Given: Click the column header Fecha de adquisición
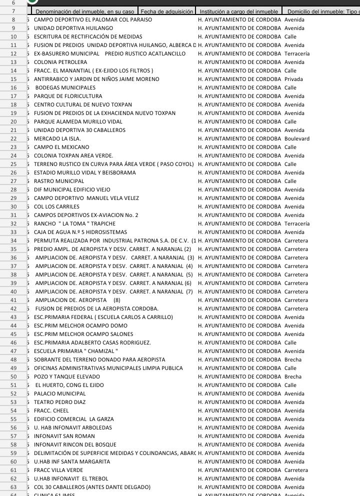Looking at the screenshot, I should click(x=166, y=11).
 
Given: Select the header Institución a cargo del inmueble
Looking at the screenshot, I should click(x=238, y=11).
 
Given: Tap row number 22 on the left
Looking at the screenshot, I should click(x=13, y=138).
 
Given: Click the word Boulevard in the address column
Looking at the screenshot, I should click(x=297, y=138).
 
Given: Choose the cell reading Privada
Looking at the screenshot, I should click(x=293, y=79).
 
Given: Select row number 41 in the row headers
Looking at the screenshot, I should click(x=13, y=300).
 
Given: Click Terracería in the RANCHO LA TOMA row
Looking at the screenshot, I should click(x=297, y=223).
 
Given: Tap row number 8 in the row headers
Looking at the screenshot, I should click(x=13, y=19).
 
